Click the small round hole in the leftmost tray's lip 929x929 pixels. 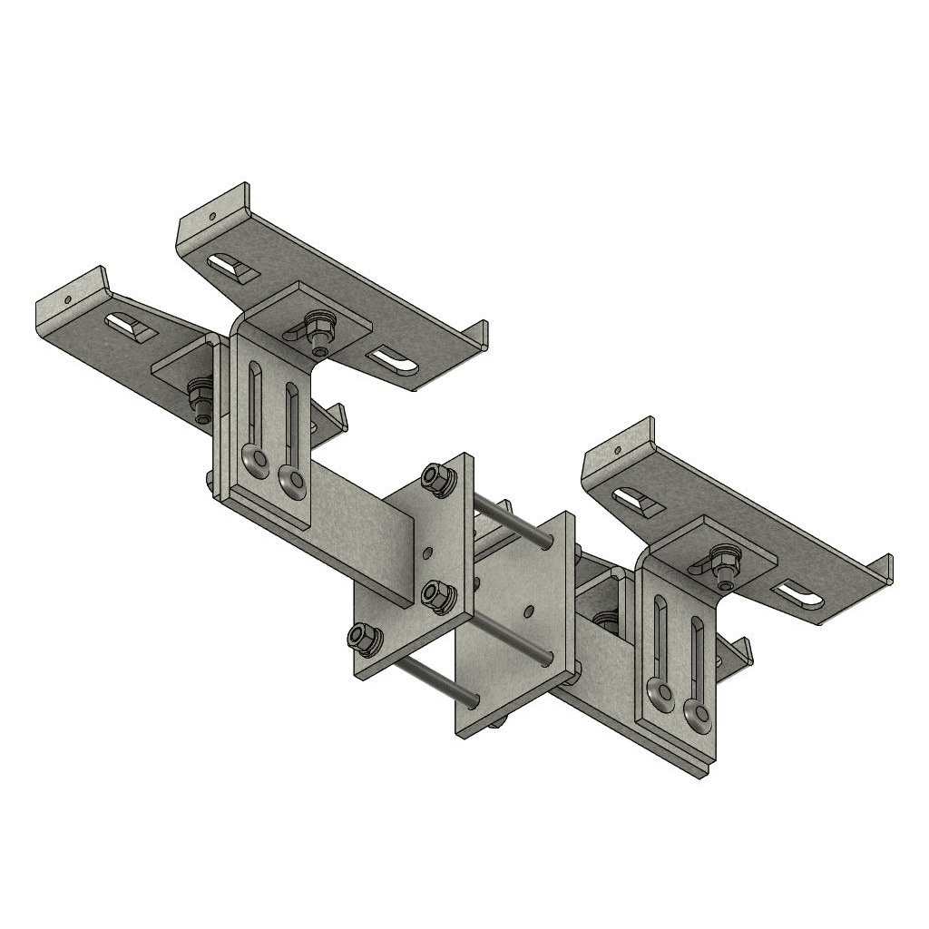pos(67,298)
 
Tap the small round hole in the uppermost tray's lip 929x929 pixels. pos(210,217)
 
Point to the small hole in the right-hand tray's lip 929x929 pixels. pos(618,449)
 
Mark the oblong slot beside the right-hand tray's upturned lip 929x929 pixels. pos(637,501)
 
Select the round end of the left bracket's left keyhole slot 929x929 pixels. pos(257,462)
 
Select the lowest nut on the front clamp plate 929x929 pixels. pos(364,640)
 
